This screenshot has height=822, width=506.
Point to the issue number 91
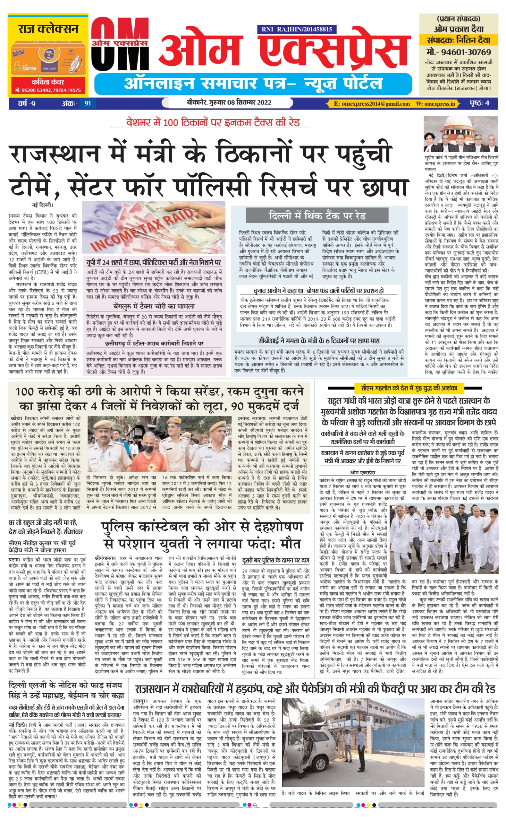(87, 103)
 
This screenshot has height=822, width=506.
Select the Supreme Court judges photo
(461, 134)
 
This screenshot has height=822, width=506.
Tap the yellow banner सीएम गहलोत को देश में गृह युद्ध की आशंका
(409, 389)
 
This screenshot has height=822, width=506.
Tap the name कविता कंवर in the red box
(47, 82)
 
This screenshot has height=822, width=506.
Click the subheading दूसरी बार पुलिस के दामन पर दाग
(276, 560)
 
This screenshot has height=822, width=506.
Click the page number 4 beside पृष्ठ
(487, 103)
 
